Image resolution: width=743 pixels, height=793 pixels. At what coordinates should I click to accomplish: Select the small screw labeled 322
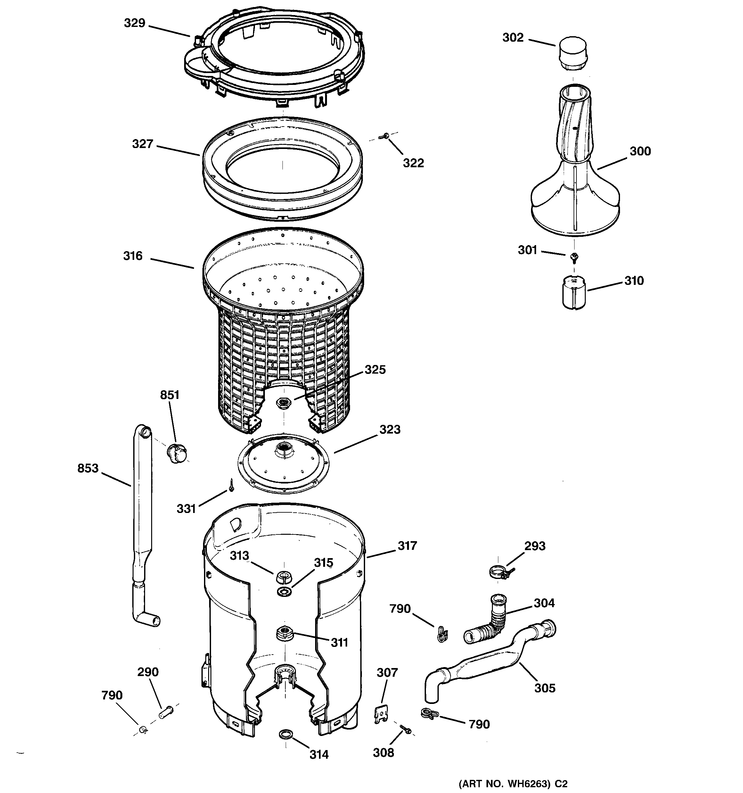pyautogui.click(x=384, y=136)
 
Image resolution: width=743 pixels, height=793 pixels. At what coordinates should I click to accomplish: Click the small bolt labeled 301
pyautogui.click(x=574, y=257)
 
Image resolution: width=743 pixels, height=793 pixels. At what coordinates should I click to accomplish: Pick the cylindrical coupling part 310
pyautogui.click(x=574, y=293)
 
